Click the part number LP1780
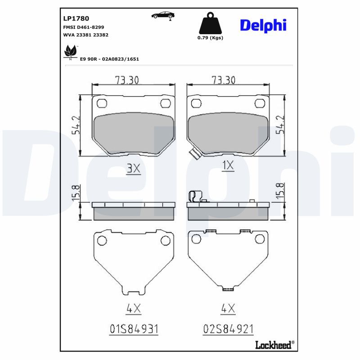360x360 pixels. [76, 18]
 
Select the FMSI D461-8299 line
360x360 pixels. [84, 27]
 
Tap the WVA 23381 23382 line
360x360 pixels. [85, 35]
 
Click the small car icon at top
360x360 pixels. [163, 16]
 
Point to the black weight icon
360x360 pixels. [210, 23]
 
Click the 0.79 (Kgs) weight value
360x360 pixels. [210, 38]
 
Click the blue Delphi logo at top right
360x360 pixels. [263, 26]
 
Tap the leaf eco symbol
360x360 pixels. [70, 52]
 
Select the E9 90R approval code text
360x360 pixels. [109, 59]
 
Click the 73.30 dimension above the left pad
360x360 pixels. [127, 80]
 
